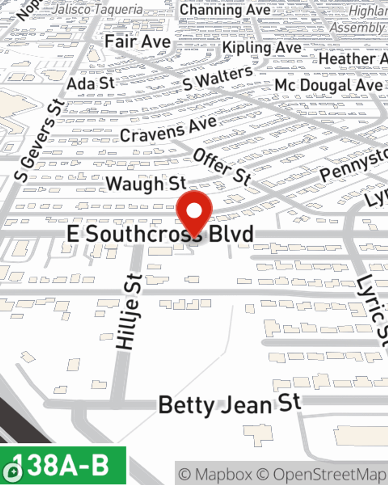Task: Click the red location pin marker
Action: [194, 211]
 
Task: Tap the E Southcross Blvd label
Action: [160, 234]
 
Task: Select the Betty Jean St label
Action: [229, 404]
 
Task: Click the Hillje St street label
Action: [129, 311]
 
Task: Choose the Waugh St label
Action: [146, 183]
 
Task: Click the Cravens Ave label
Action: [168, 129]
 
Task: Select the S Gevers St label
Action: [39, 140]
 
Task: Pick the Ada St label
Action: [91, 83]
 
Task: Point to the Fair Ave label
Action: [138, 42]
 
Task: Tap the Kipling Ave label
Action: [262, 48]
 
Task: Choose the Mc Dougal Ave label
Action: [328, 85]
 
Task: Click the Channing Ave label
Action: [225, 10]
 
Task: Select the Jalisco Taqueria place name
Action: [97, 9]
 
